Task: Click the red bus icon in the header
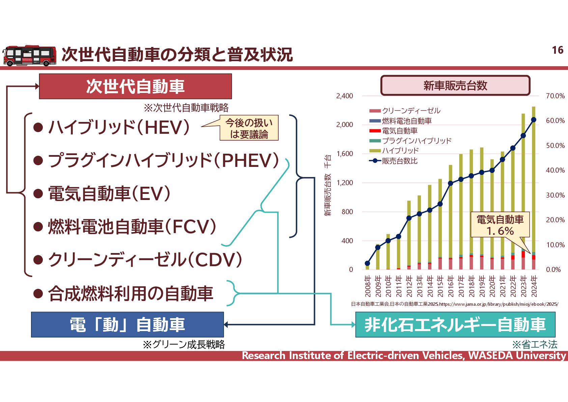click(29, 55)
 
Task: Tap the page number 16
click(558, 50)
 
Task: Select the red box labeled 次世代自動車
click(135, 86)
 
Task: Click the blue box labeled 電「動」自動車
click(127, 325)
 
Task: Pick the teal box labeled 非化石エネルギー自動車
click(455, 325)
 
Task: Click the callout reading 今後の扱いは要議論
click(249, 128)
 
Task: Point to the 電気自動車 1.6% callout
click(500, 225)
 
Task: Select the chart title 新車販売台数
click(455, 85)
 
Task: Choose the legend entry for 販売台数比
click(399, 161)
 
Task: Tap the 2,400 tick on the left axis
click(344, 96)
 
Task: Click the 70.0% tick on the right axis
click(555, 96)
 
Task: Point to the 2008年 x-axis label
click(368, 286)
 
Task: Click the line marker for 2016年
click(451, 183)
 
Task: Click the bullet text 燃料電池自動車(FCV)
click(132, 227)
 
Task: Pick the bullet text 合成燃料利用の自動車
click(131, 293)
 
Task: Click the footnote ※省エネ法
click(535, 345)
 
